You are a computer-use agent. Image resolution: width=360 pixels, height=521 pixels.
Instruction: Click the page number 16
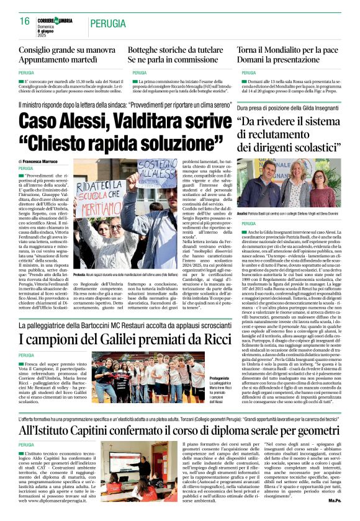coord(24,22)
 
